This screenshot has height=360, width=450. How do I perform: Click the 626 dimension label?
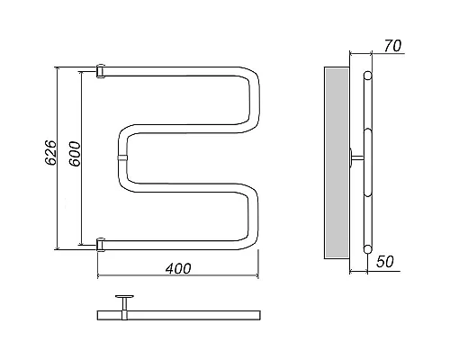click(x=50, y=152)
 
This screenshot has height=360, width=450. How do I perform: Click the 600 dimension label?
click(x=75, y=154)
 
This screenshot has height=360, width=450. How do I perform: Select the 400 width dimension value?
click(x=178, y=268)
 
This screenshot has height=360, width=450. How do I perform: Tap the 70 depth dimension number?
click(x=392, y=46)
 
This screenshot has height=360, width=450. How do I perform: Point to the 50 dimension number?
click(x=385, y=262)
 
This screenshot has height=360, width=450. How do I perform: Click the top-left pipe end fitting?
click(x=101, y=71)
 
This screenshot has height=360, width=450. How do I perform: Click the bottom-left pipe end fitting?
click(x=101, y=245)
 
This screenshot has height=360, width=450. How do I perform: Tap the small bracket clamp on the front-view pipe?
click(x=122, y=158)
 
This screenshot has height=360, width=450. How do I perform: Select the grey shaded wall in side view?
click(x=337, y=163)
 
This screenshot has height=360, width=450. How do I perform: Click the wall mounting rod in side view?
click(x=356, y=157)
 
